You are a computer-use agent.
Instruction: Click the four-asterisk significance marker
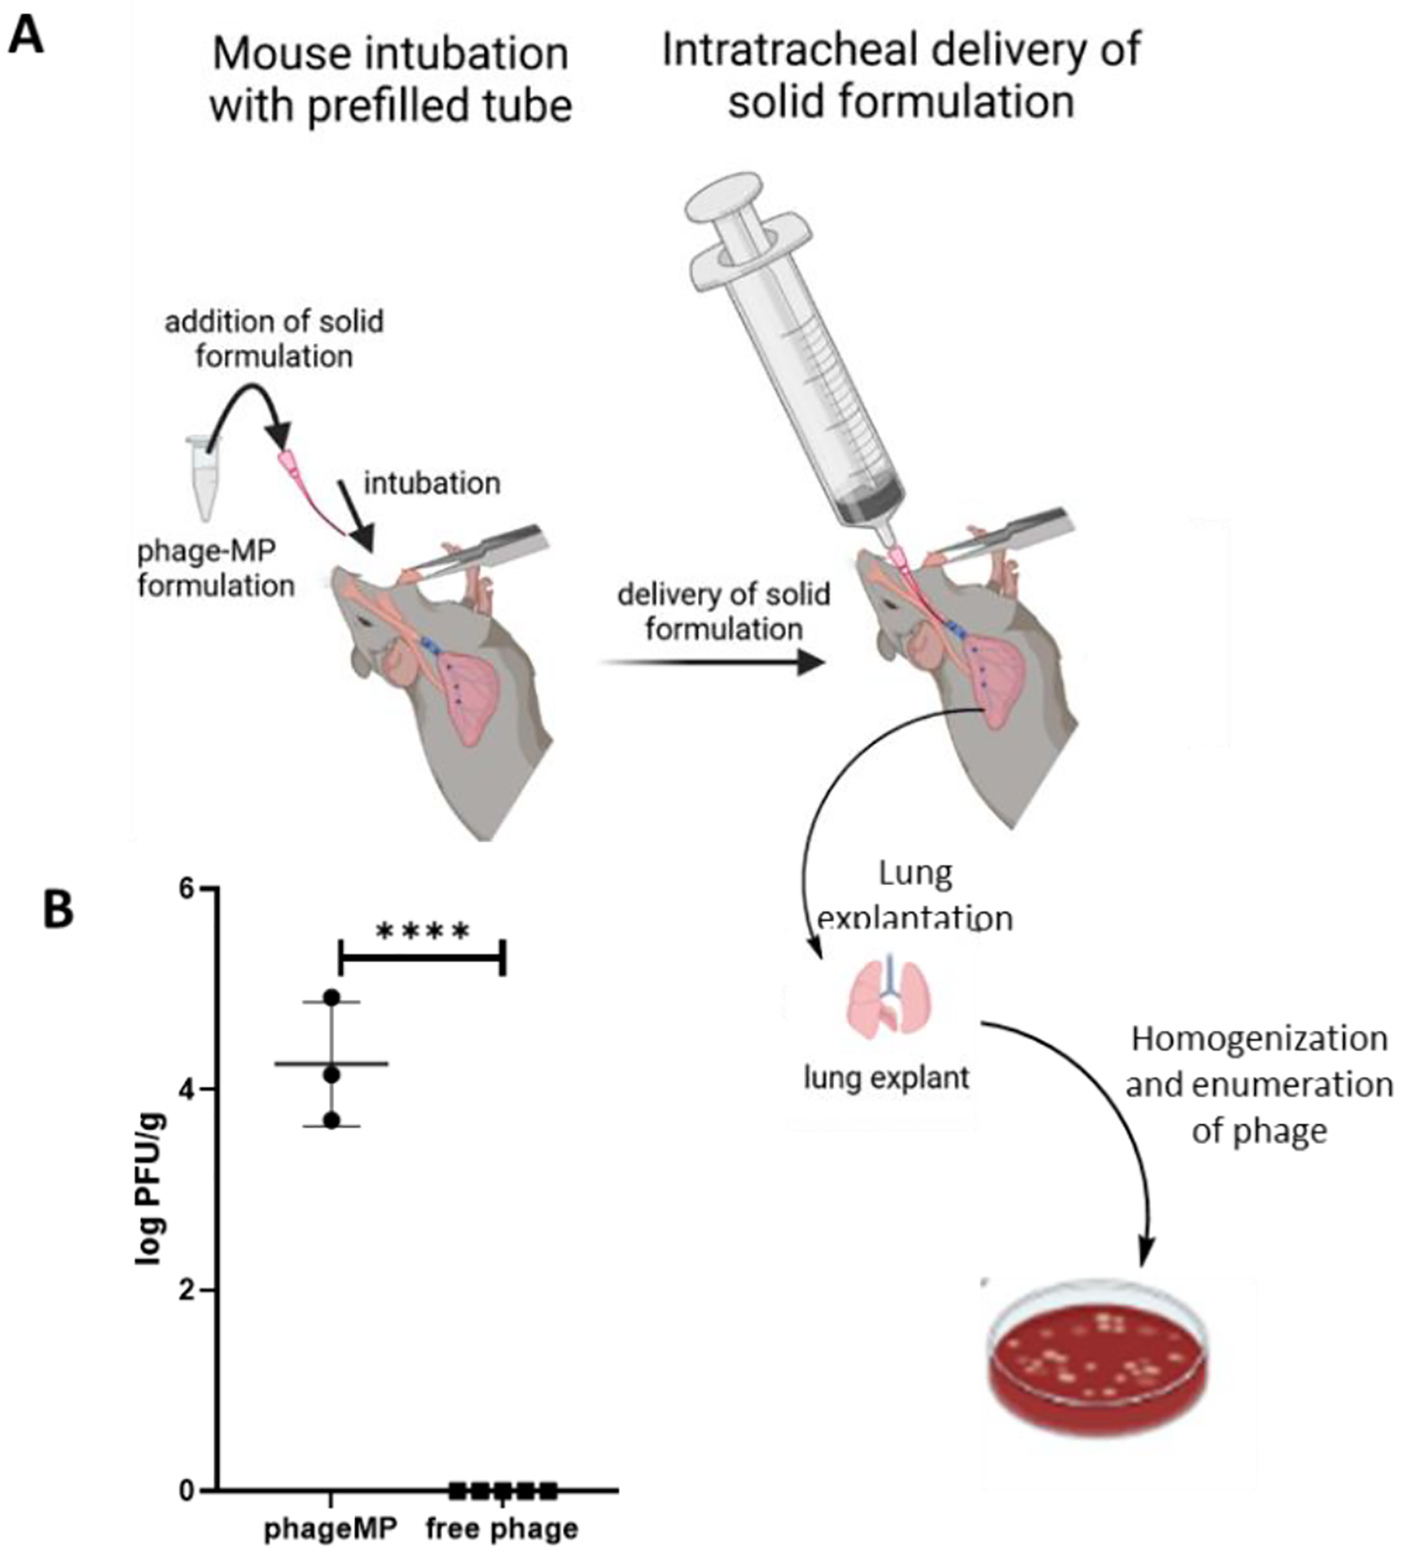pos(423,932)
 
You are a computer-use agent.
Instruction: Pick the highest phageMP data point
pos(333,998)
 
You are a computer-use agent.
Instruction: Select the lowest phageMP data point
pos(333,1120)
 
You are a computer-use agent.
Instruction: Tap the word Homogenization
pos(1258,1038)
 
